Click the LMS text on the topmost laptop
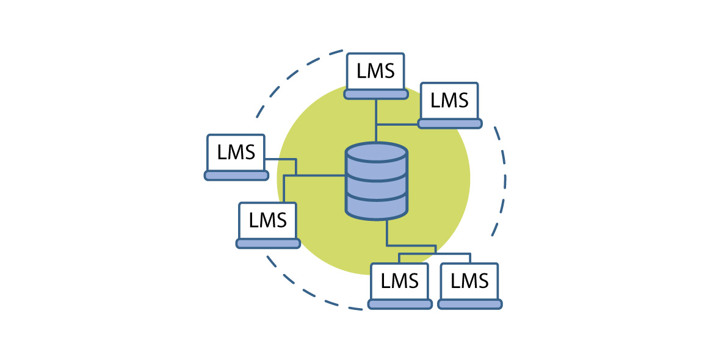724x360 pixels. pyautogui.click(x=375, y=71)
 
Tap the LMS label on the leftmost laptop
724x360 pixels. pyautogui.click(x=236, y=151)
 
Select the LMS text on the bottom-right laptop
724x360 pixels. pyautogui.click(x=469, y=281)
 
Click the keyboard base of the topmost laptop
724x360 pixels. pyautogui.click(x=375, y=94)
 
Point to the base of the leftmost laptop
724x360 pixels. pyautogui.click(x=236, y=175)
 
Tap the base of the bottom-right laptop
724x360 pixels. pyautogui.click(x=469, y=304)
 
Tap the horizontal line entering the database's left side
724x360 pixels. pyautogui.click(x=320, y=176)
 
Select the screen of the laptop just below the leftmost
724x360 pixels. pyautogui.click(x=267, y=220)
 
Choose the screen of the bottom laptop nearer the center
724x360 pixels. pyautogui.click(x=400, y=281)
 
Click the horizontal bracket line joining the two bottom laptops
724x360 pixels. pyautogui.click(x=435, y=253)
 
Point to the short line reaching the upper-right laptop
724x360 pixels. pyautogui.click(x=397, y=124)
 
